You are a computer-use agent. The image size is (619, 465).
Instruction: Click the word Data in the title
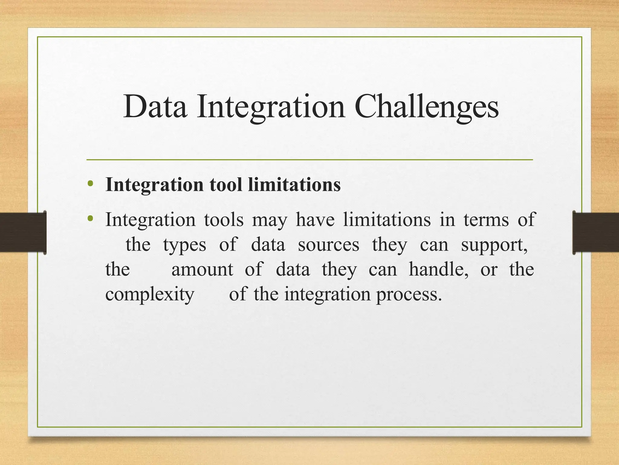point(155,107)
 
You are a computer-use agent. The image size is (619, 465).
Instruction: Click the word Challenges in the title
point(426,107)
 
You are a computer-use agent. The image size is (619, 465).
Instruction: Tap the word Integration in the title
point(271,107)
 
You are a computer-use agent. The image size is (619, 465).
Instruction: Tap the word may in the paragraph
point(269,220)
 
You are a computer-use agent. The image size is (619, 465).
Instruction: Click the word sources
point(329,245)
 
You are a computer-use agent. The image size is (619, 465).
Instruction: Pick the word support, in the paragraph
point(494,245)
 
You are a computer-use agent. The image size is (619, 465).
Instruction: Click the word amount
point(202,269)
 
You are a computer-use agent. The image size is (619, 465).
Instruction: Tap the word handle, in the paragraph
point(439,269)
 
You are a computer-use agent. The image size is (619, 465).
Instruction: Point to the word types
point(185,245)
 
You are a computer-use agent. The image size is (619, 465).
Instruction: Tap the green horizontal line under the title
point(309,160)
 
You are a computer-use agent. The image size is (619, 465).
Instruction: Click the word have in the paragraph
point(315,220)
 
